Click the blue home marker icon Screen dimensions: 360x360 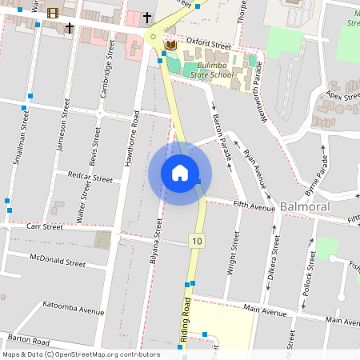pyautogui.click(x=180, y=172)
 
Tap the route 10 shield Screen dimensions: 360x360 pyautogui.click(x=197, y=240)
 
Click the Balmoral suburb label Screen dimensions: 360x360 pyautogui.click(x=305, y=207)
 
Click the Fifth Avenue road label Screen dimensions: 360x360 pyautogui.click(x=254, y=205)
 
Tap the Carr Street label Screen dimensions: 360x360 pyautogui.click(x=44, y=226)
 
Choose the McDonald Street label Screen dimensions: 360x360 pyautogui.click(x=57, y=262)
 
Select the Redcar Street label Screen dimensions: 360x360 pyautogui.click(x=90, y=178)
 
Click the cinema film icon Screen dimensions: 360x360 pyautogui.click(x=53, y=12)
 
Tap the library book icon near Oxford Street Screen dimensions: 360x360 pyautogui.click(x=170, y=45)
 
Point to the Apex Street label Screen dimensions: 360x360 pyautogui.click(x=339, y=97)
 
